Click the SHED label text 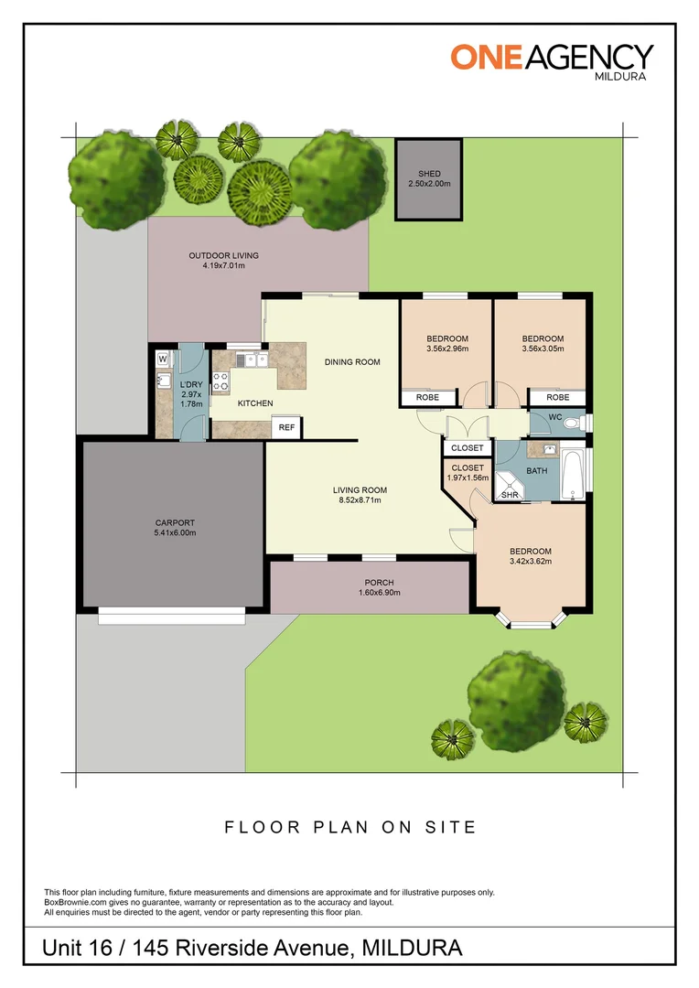429,174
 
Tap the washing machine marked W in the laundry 163,360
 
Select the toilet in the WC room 575,422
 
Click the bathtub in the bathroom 573,475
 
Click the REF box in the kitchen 286,427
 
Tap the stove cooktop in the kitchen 220,382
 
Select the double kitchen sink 253,360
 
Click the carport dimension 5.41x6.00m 176,533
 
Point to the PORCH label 380,583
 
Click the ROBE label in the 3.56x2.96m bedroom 428,398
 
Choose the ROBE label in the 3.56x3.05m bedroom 558,398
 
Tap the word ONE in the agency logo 486,58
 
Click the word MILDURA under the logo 621,76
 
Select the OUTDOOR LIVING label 224,256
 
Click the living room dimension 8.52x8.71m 360,500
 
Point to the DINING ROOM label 352,362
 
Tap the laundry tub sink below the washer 164,381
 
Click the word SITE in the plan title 451,827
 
